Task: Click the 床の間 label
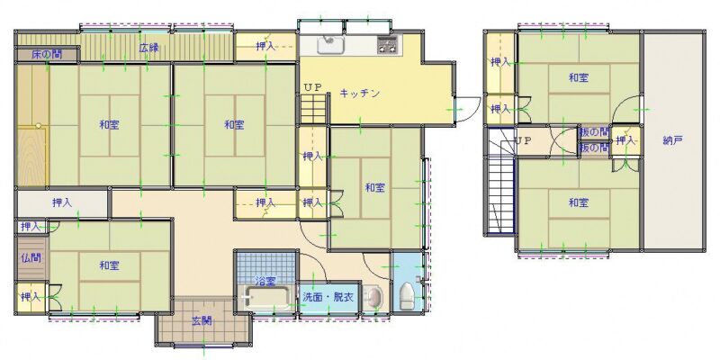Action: (47, 55)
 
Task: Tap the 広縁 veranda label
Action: (149, 48)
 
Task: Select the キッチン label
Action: (360, 94)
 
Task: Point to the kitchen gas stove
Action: (388, 45)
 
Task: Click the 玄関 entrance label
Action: (202, 321)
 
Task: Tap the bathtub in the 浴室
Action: (266, 298)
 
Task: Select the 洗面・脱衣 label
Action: (328, 297)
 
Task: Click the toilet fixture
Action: (407, 296)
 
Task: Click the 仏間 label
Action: (31, 257)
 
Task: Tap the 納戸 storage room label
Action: (672, 140)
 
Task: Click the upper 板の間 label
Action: (594, 132)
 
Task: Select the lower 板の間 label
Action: (594, 148)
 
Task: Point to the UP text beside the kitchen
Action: (312, 87)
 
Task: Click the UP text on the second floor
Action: (523, 141)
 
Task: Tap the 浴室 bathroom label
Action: (265, 280)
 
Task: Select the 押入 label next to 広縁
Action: (265, 46)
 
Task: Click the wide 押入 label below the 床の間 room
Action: (62, 202)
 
